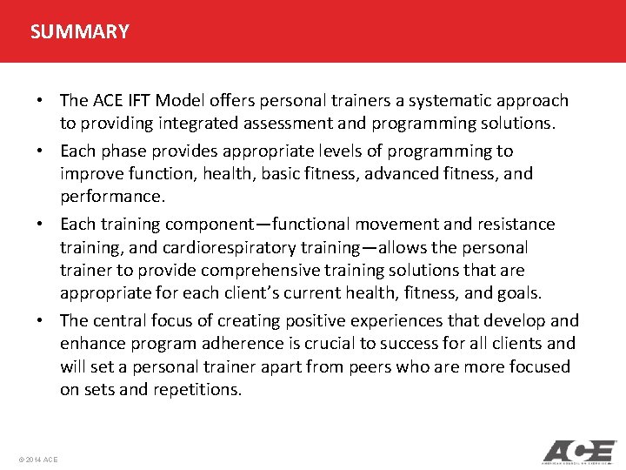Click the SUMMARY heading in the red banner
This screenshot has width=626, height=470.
coord(79,32)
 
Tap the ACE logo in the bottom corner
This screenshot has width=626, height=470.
coord(579,452)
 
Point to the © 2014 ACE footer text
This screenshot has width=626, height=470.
coord(37,459)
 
